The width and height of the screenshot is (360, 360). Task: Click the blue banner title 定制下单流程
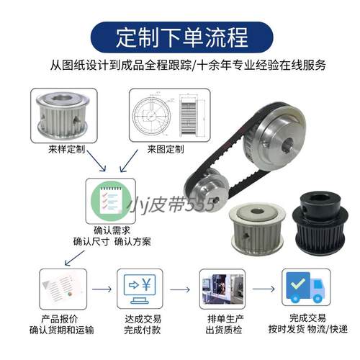pyautogui.click(x=180, y=34)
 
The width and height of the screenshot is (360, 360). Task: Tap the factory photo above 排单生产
pyautogui.click(x=218, y=288)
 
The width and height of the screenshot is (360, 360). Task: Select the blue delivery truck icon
pyautogui.click(x=302, y=288)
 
